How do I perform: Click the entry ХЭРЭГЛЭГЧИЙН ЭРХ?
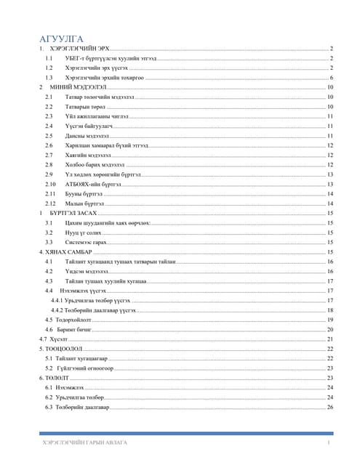[x=78, y=47]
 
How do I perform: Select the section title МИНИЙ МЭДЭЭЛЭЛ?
[x=72, y=86]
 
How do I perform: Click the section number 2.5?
[x=48, y=135]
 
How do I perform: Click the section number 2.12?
[x=49, y=204]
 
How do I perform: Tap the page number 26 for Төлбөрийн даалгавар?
[x=330, y=407]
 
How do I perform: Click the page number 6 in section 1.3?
[x=332, y=76]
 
